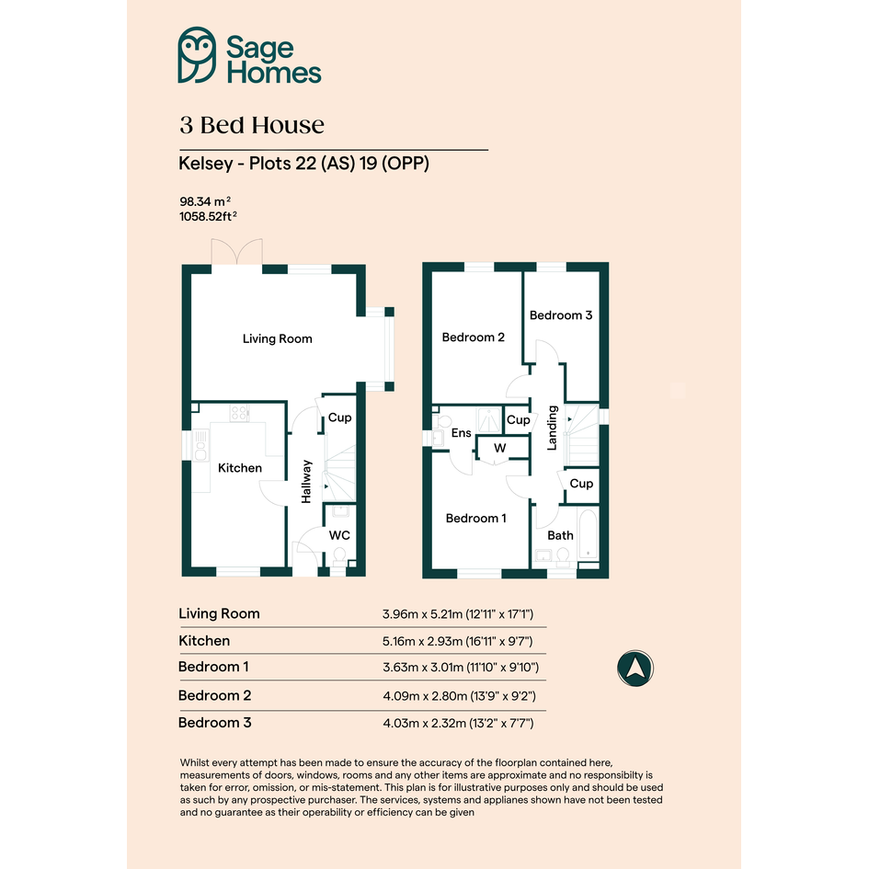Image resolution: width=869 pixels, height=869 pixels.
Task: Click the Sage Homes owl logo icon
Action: (x=197, y=55)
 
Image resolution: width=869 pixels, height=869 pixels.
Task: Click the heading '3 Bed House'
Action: (x=252, y=125)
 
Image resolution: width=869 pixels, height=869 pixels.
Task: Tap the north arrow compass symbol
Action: (x=635, y=668)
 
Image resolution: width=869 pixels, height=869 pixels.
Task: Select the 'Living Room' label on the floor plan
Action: (x=277, y=338)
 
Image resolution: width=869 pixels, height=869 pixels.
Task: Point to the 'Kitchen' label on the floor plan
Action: (x=239, y=468)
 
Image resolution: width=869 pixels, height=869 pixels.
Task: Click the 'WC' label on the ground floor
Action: (x=339, y=535)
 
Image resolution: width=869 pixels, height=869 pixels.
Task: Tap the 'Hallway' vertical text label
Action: (x=306, y=482)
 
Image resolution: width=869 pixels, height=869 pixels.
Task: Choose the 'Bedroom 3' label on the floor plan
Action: (x=561, y=315)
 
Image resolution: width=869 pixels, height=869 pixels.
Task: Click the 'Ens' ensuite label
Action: (x=461, y=433)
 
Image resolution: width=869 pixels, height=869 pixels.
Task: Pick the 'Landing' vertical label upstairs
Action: (x=552, y=428)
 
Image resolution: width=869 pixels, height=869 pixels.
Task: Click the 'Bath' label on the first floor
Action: (x=560, y=535)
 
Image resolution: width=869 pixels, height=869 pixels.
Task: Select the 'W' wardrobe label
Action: (x=500, y=448)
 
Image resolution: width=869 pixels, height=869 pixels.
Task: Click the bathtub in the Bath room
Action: (x=588, y=534)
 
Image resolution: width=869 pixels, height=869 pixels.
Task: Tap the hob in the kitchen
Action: (x=240, y=413)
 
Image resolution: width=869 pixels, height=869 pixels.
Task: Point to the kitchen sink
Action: (x=200, y=445)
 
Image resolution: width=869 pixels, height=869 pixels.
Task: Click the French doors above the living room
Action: (x=236, y=252)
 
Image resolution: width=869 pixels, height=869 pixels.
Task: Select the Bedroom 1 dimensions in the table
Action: (x=461, y=668)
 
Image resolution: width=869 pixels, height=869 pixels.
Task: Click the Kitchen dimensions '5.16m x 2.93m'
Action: (x=422, y=641)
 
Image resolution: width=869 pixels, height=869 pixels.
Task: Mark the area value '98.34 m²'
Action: (x=205, y=201)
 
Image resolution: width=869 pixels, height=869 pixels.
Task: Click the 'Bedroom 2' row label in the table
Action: (x=214, y=695)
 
